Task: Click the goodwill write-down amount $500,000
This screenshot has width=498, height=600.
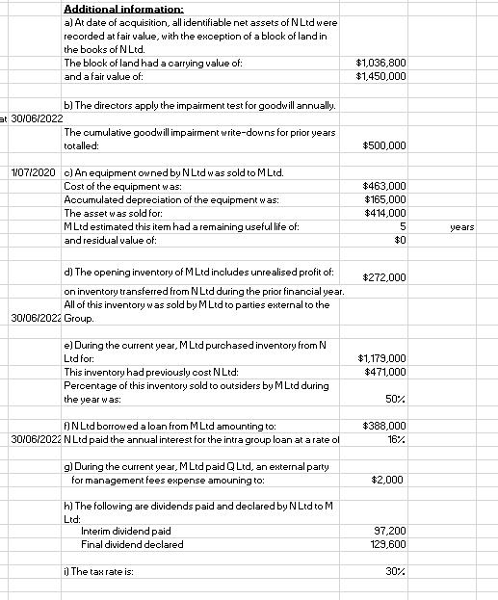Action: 384,145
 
